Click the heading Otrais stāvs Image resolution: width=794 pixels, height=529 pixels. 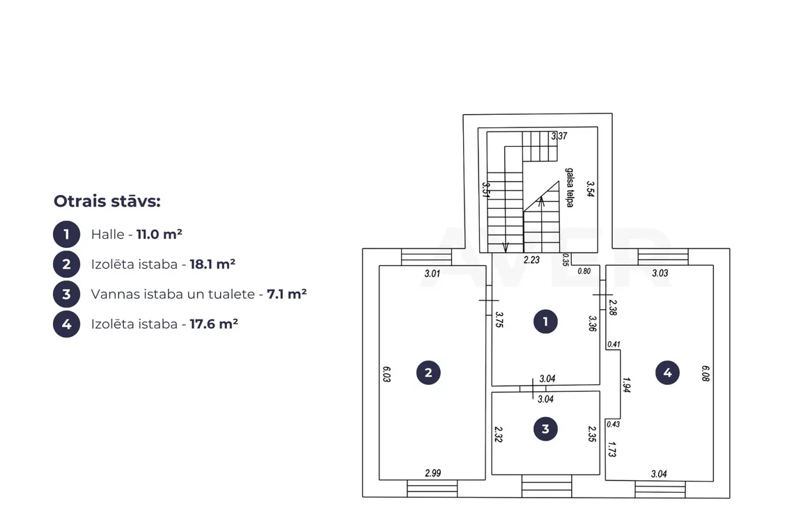coord(107,201)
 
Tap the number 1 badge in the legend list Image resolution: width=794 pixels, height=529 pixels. coord(66,235)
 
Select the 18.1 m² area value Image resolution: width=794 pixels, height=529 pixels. coord(212,264)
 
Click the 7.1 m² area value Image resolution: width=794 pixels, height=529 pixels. coord(287,294)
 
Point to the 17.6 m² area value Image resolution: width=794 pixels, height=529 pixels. coord(214,324)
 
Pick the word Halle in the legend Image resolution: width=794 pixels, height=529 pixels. coord(107,235)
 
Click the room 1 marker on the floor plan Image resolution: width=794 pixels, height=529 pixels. coord(545,322)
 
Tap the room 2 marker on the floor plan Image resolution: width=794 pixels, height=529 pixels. coord(428,372)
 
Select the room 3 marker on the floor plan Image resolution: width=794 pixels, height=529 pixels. coord(545,429)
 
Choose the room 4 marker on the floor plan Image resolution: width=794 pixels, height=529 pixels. coord(667,372)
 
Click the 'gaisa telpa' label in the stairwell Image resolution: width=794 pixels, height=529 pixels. coord(570,187)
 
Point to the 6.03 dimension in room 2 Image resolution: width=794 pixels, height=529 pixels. coord(387,374)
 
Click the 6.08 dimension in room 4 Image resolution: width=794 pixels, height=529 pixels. coord(706,373)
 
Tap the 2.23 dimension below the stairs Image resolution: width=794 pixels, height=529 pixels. coord(531,260)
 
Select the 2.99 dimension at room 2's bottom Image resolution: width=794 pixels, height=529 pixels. coord(433,473)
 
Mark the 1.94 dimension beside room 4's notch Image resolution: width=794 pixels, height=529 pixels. coord(626,385)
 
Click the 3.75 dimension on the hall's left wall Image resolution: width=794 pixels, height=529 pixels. coord(499,320)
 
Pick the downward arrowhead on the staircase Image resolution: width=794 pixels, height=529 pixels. coord(506,248)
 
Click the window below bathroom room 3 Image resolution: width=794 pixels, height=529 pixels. coord(546,486)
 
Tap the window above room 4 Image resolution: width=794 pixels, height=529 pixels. coord(663,257)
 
